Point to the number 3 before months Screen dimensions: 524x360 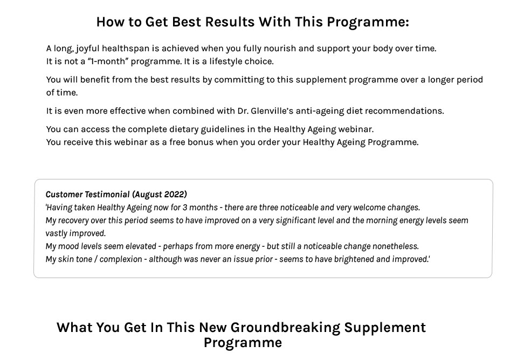point(184,207)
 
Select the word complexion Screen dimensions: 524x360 point(121,259)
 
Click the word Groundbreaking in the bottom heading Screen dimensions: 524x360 point(285,328)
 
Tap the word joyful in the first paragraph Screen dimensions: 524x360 point(87,49)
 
